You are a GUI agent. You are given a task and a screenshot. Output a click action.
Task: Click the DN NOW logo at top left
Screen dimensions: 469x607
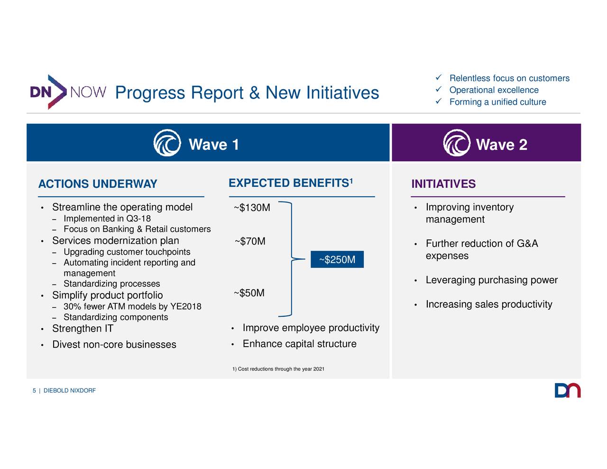click(68, 92)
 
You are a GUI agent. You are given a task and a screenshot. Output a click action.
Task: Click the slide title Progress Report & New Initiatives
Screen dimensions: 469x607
click(247, 93)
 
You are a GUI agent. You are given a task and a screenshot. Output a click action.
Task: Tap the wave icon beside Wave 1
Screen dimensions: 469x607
click(167, 143)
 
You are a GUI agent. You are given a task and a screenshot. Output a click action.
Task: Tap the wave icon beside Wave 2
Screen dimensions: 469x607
click(456, 143)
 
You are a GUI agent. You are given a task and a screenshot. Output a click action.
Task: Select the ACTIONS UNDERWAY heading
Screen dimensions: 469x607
click(98, 184)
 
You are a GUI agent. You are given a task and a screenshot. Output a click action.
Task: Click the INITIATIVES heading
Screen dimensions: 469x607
click(443, 184)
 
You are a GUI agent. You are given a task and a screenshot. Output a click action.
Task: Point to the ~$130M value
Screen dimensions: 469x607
click(252, 208)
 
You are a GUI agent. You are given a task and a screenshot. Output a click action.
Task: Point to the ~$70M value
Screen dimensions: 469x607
click(250, 242)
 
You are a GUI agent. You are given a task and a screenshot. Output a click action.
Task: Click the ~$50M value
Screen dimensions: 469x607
click(249, 293)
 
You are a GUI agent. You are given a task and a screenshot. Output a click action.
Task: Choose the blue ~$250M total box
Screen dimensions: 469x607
click(337, 259)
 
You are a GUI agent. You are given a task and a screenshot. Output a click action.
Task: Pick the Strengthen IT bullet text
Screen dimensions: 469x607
click(83, 329)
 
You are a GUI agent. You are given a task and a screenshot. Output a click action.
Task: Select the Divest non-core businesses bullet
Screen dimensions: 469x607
click(114, 345)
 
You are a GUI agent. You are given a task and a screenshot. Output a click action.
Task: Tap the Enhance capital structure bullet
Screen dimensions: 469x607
click(299, 344)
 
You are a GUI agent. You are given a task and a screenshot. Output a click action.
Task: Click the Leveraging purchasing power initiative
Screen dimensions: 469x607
click(491, 280)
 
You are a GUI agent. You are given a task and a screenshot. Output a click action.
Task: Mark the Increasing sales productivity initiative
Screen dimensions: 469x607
click(488, 304)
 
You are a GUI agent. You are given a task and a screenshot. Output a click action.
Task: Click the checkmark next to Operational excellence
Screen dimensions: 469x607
click(439, 90)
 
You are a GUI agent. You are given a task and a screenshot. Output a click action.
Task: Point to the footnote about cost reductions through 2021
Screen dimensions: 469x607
click(278, 369)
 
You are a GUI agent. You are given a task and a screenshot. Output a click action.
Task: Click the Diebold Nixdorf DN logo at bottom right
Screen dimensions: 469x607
click(567, 390)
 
